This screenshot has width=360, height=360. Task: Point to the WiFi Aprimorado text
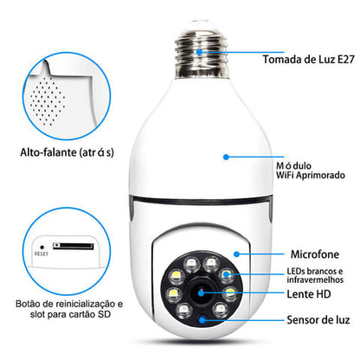click(x=299, y=174)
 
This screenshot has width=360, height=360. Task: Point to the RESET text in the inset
click(x=41, y=254)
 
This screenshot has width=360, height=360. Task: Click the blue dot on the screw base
click(x=200, y=54)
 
